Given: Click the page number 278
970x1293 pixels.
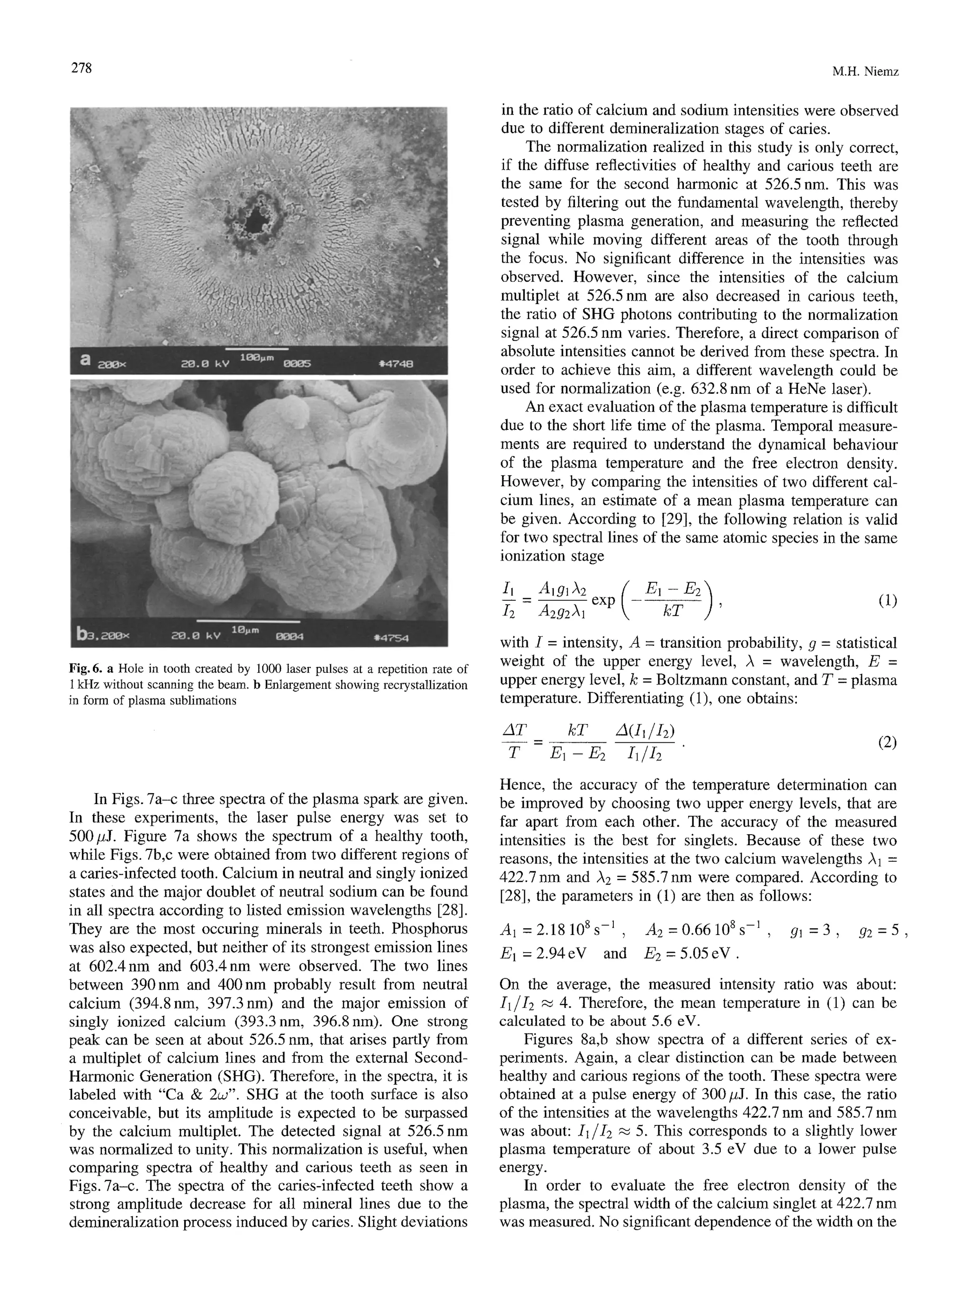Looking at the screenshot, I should click(81, 68).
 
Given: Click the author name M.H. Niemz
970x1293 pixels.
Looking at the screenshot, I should click(865, 72).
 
